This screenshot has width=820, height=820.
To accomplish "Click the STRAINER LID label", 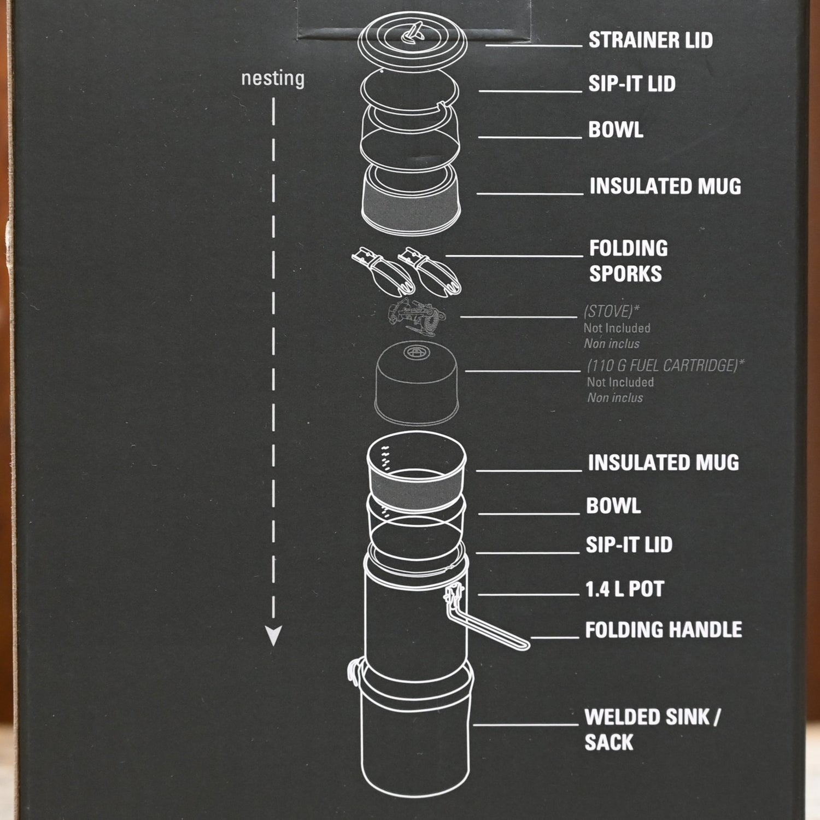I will [x=650, y=40].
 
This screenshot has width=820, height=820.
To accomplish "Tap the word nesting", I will [x=272, y=79].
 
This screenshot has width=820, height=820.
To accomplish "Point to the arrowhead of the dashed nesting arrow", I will [x=273, y=636].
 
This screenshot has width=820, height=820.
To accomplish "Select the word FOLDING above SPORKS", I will [x=628, y=248].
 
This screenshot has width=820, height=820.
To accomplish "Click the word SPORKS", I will [x=625, y=273].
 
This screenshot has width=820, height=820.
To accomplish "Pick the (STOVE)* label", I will [x=611, y=312].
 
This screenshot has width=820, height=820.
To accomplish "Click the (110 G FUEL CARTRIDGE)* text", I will [x=665, y=365].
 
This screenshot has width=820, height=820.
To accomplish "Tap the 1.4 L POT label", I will [x=624, y=589].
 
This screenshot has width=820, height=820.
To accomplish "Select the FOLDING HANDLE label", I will [x=663, y=630].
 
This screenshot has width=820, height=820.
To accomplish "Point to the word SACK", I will [x=608, y=742].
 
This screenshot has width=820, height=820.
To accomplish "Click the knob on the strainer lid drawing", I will [x=413, y=33].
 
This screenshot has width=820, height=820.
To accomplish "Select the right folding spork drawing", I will [x=430, y=270].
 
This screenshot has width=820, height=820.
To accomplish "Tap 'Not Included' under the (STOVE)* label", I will [x=617, y=328].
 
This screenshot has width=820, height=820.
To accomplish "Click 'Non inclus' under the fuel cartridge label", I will [x=615, y=398].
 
